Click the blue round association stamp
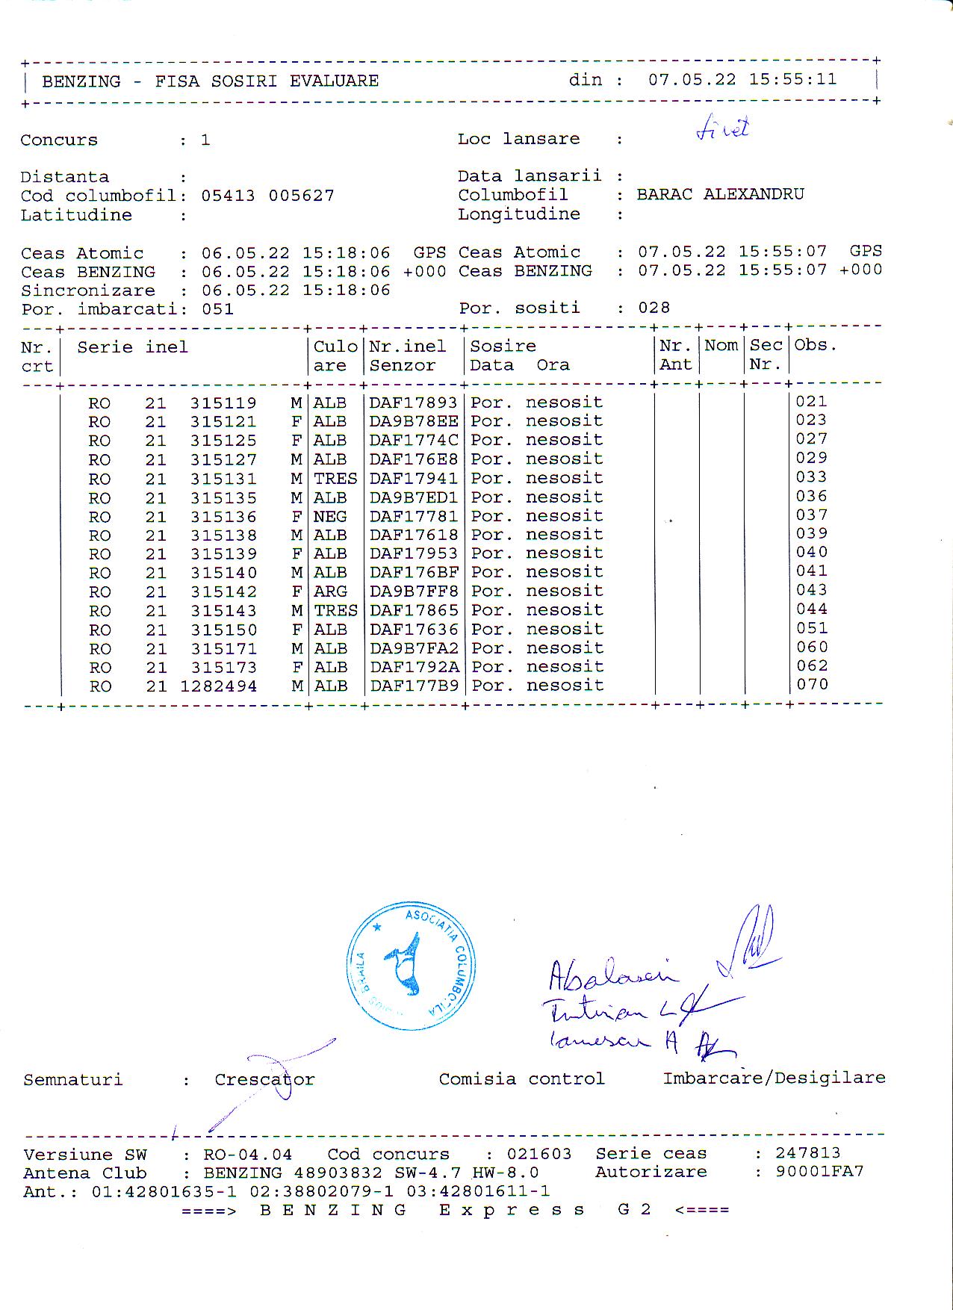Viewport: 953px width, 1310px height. (411, 966)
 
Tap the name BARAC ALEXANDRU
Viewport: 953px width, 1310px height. (720, 194)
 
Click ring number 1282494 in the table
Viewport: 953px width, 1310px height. (218, 686)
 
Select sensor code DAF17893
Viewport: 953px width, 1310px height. (413, 403)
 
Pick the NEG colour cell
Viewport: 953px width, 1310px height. (329, 517)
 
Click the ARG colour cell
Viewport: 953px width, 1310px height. (329, 592)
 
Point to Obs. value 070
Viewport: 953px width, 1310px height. (812, 684)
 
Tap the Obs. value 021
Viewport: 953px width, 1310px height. (812, 401)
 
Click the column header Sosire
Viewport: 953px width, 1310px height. (503, 347)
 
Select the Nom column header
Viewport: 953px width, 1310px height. (721, 345)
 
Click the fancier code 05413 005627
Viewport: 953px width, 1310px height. (267, 196)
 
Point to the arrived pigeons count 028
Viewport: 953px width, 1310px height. (654, 308)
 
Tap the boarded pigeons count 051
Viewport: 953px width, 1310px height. (217, 309)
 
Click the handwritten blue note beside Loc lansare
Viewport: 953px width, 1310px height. (722, 130)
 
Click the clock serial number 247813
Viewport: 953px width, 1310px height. (807, 1153)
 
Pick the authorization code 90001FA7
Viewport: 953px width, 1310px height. (819, 1171)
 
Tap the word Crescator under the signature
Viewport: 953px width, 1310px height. (264, 1079)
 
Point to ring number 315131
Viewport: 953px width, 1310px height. (223, 479)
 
